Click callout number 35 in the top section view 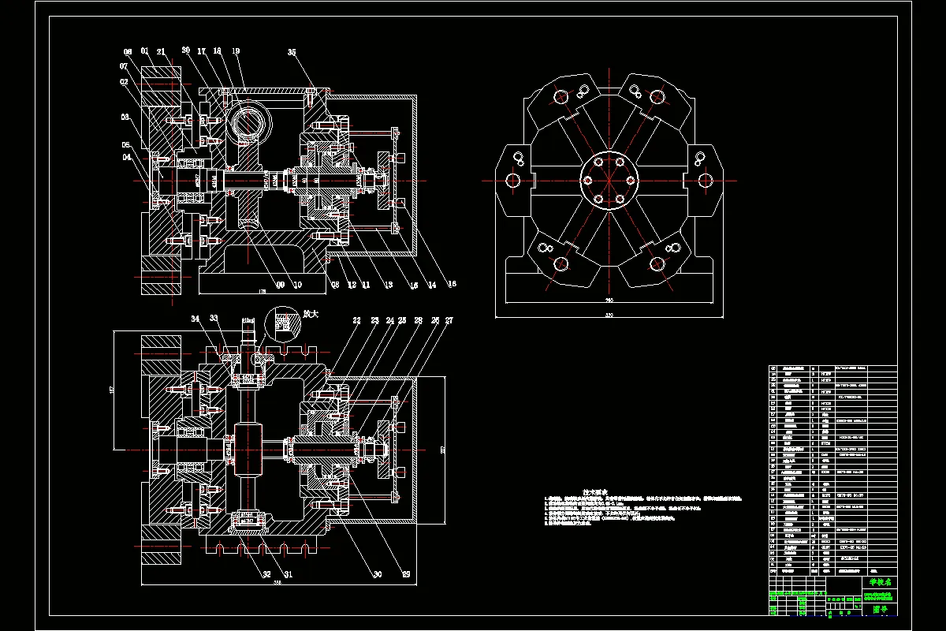coord(292,53)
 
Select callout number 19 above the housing coord(236,51)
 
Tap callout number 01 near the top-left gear coord(145,51)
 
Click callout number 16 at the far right coord(452,283)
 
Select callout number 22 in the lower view coord(356,321)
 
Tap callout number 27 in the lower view coord(449,321)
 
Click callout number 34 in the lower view coord(196,319)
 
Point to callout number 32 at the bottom coord(267,574)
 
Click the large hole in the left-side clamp coord(513,181)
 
